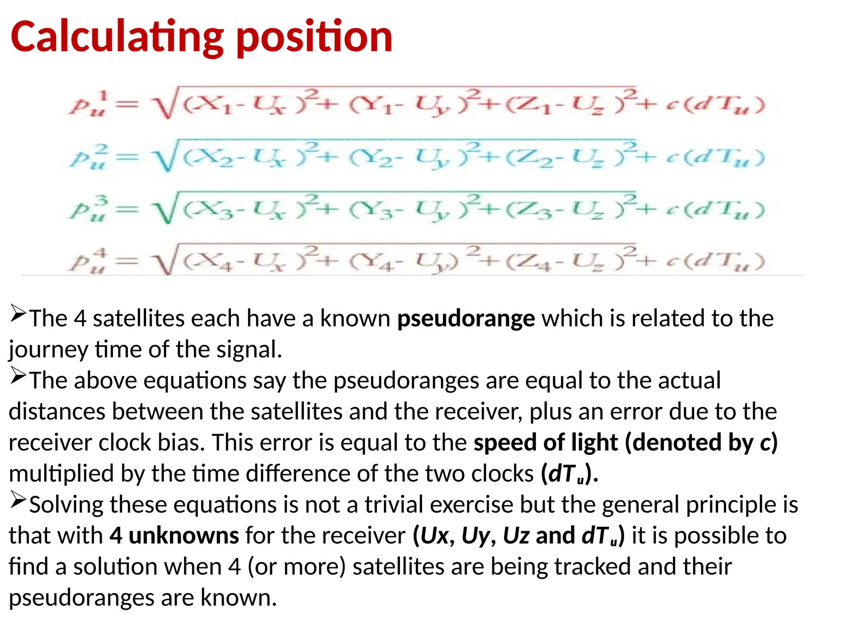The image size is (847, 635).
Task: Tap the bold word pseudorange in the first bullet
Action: [466, 319]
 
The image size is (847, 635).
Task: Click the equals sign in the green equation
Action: [127, 210]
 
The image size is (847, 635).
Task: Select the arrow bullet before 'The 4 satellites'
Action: [18, 314]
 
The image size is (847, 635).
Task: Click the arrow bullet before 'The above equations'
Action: [18, 376]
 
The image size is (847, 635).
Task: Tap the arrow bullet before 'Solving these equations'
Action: [18, 500]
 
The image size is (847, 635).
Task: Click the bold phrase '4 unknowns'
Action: [174, 536]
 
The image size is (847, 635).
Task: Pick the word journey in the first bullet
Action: [48, 350]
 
